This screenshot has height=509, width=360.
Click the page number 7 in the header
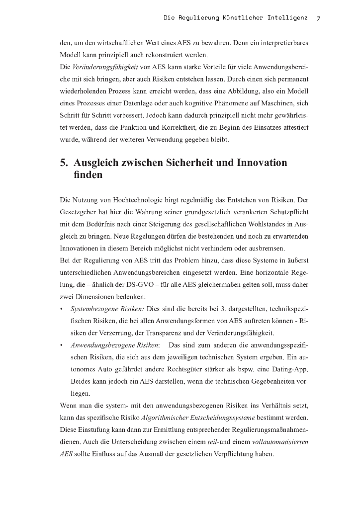tap(318, 18)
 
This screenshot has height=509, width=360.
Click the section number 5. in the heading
tap(64, 163)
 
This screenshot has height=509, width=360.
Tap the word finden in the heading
tap(88, 175)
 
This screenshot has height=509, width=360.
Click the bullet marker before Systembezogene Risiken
tap(61, 309)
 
